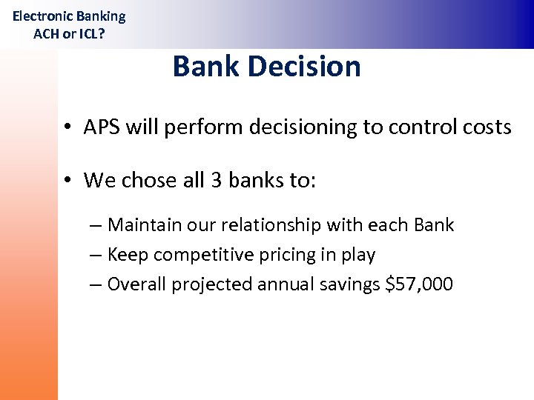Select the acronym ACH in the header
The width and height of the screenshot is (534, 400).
pos(47,33)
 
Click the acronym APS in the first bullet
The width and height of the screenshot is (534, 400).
pos(102,127)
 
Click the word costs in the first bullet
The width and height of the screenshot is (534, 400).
pos(486,127)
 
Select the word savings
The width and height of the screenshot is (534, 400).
pos(347,284)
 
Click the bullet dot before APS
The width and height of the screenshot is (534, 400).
pos(67,127)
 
